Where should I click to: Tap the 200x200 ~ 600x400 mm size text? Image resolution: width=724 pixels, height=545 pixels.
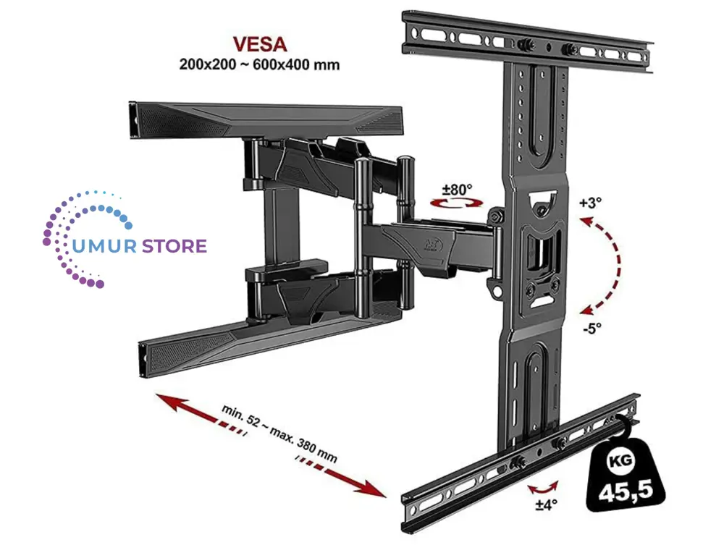point(259,64)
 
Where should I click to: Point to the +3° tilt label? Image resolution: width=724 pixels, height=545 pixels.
point(589,203)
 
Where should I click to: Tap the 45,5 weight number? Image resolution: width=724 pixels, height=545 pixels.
point(626,491)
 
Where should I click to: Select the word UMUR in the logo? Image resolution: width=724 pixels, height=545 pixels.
point(100,246)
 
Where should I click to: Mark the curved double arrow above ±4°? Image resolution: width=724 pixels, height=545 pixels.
point(542,486)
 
